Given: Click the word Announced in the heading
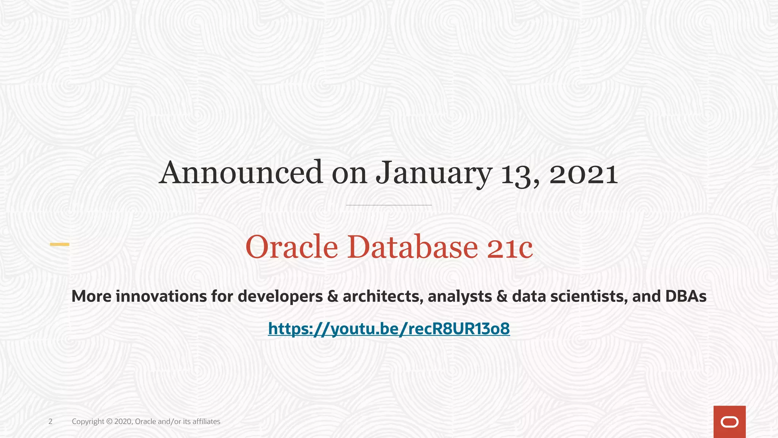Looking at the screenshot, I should [x=241, y=173].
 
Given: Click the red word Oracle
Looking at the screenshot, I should [x=291, y=247].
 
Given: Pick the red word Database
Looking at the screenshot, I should [x=412, y=247].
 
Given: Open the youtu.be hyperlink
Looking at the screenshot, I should [x=389, y=328].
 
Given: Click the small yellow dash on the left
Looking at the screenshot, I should [x=60, y=244].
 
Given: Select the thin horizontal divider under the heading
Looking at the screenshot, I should [x=389, y=205].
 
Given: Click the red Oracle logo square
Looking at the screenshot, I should [x=729, y=422].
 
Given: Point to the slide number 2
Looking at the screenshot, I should [x=50, y=421].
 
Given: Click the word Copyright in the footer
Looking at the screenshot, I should [x=88, y=421].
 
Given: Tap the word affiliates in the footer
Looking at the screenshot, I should [x=206, y=421].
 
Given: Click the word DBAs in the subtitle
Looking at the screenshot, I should [x=686, y=297].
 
